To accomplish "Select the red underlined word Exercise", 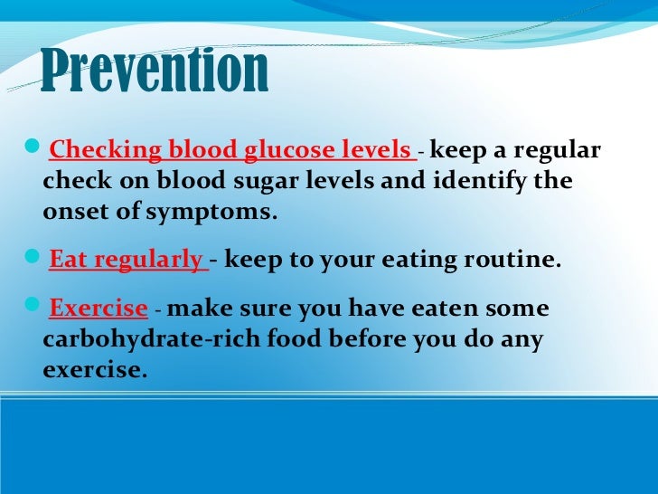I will click(98, 309).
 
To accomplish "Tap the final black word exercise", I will click(93, 370).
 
